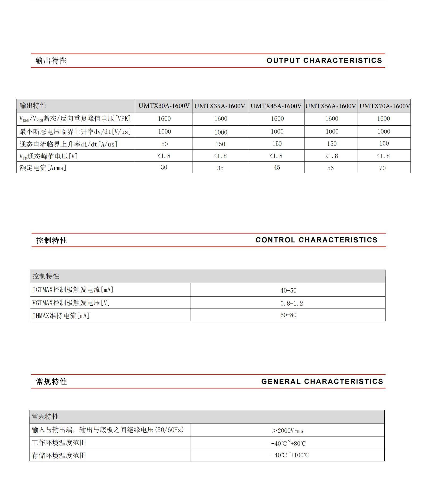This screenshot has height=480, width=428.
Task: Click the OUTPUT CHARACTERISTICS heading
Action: pyautogui.click(x=324, y=61)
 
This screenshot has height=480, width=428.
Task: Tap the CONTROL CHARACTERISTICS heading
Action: pyautogui.click(x=316, y=240)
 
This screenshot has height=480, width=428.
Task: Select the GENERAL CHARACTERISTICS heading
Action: pyautogui.click(x=322, y=382)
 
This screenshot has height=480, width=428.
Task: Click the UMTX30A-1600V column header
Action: pyautogui.click(x=164, y=106)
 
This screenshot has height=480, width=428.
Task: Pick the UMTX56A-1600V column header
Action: pyautogui.click(x=331, y=106)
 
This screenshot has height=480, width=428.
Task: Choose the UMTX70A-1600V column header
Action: pyautogui.click(x=384, y=106)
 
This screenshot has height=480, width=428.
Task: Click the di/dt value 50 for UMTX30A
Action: pyautogui.click(x=164, y=144)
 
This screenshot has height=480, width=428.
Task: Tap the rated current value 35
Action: pyautogui.click(x=220, y=168)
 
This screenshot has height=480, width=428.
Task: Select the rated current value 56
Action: pyautogui.click(x=330, y=168)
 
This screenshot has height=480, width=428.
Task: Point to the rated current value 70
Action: pyautogui.click(x=382, y=168)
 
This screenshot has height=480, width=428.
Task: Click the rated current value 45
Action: pyautogui.click(x=277, y=167)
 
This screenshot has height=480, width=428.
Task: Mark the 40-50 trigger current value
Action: pyautogui.click(x=288, y=291)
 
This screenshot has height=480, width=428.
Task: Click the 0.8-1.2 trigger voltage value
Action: pyautogui.click(x=291, y=303)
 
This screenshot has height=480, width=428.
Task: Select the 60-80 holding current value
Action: pyautogui.click(x=288, y=315)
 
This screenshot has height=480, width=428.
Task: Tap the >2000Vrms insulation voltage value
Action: pyautogui.click(x=287, y=431)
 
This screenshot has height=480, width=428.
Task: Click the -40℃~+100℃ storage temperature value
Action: pyautogui.click(x=290, y=455)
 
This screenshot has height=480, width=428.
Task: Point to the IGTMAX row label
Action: pyautogui.click(x=73, y=290)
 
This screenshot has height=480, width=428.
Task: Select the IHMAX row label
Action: pyautogui.click(x=61, y=316)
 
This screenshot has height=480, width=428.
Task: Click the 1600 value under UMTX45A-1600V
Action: pyautogui.click(x=277, y=119)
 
